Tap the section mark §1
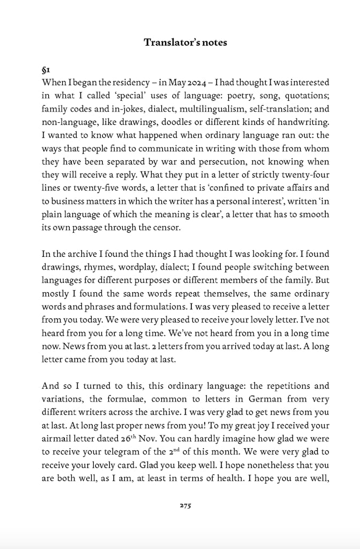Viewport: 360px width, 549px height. [x=46, y=70]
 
